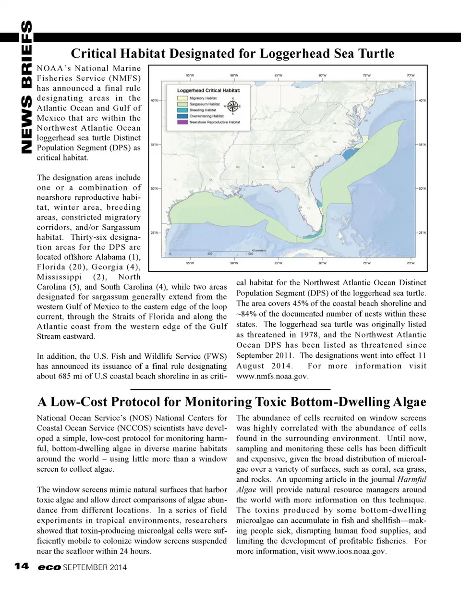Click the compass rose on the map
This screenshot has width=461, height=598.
232,106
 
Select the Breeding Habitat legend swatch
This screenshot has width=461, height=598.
183,110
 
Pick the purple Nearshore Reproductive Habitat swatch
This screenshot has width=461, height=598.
183,122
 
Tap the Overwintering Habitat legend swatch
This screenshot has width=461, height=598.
183,116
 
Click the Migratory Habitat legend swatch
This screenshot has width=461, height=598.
183,98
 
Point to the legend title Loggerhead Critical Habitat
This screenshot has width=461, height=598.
208,90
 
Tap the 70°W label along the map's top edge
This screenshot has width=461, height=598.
411,75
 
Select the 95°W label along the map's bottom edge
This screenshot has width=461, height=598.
190,263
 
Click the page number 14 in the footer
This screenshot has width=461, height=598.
21,566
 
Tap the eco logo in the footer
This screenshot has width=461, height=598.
49,567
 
